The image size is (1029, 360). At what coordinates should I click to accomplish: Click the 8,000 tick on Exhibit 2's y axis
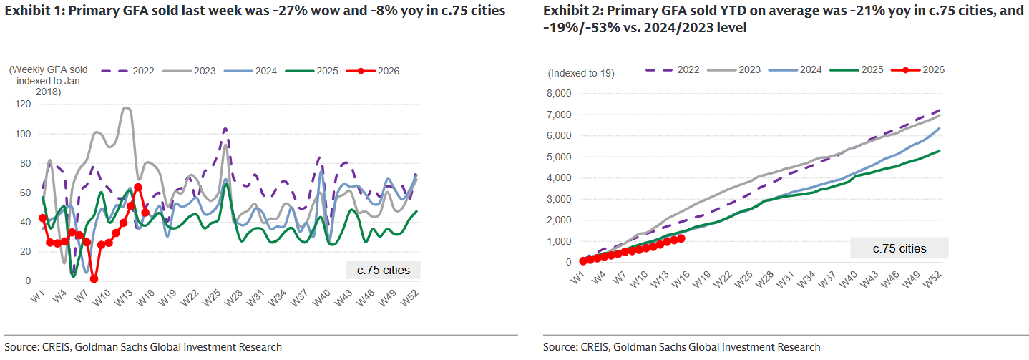point(558,94)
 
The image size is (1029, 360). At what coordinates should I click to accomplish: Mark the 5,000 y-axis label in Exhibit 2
point(558,157)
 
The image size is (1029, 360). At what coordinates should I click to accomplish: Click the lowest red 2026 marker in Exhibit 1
point(94,279)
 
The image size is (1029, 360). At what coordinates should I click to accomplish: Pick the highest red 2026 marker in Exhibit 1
point(138,188)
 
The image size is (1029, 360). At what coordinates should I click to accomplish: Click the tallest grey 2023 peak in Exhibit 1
point(126,108)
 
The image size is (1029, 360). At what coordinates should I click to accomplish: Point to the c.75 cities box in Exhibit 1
point(383,270)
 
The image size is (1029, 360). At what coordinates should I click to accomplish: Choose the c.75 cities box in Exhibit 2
point(899,248)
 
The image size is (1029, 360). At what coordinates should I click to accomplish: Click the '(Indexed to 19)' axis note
point(580,73)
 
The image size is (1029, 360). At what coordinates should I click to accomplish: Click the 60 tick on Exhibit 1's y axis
point(24,193)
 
